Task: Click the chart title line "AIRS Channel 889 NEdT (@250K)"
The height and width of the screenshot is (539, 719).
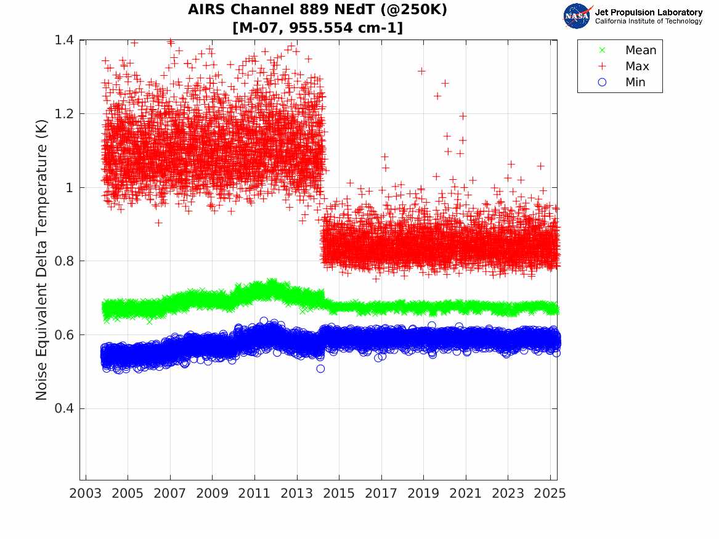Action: click(317, 10)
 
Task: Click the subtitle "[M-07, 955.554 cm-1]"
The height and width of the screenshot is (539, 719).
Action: click(317, 28)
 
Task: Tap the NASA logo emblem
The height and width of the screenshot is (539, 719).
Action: click(577, 16)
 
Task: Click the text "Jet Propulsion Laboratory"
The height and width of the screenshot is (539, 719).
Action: click(648, 12)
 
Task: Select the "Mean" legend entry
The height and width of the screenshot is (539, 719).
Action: click(641, 51)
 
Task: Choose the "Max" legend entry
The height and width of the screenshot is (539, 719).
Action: click(637, 67)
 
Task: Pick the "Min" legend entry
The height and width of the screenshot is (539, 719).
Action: click(635, 83)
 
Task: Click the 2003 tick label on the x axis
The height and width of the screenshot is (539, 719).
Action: click(85, 493)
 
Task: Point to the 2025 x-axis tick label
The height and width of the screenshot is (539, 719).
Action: click(550, 493)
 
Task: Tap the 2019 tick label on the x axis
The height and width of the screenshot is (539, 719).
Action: click(423, 493)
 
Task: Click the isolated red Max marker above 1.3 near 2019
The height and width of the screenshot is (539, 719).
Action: click(421, 71)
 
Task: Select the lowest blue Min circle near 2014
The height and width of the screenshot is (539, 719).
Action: click(320, 368)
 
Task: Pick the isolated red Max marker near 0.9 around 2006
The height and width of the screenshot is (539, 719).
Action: click(158, 223)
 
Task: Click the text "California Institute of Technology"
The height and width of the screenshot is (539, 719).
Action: click(648, 22)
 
